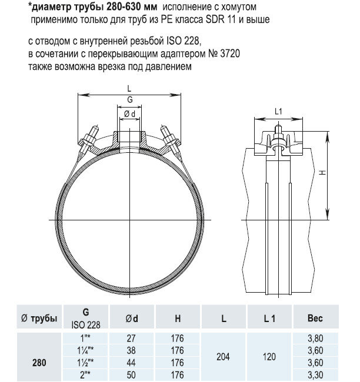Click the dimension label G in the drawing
[x=129, y=100]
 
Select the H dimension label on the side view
[x=334, y=173]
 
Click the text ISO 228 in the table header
[x=86, y=324]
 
